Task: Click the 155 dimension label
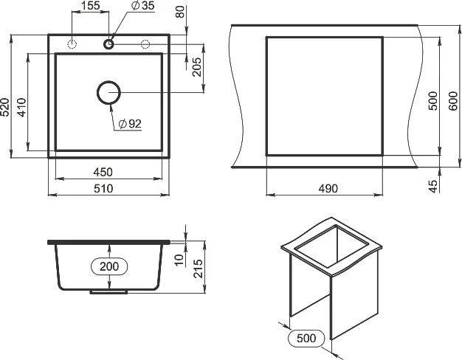click(91, 5)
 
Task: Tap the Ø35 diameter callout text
click(143, 5)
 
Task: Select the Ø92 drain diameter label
click(130, 124)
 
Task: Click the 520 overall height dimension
click(5, 107)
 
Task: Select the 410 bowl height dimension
click(21, 107)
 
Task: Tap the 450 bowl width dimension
click(103, 172)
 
